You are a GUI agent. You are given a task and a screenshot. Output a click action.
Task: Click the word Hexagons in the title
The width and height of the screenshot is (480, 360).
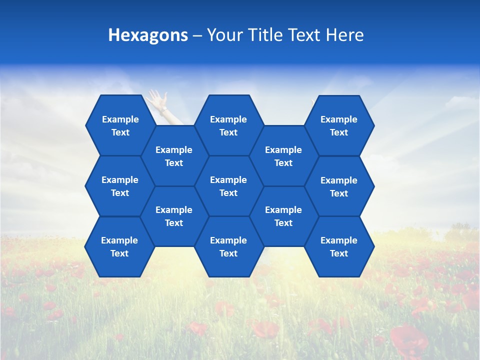[148, 35]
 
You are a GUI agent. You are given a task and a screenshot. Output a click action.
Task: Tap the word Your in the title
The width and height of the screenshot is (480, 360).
[223, 35]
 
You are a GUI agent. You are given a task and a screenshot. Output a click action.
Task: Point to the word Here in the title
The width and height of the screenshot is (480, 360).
[345, 35]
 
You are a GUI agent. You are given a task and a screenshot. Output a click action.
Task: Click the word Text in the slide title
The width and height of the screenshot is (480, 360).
[304, 35]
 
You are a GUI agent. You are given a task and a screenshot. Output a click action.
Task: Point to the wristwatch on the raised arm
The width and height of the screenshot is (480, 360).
[163, 109]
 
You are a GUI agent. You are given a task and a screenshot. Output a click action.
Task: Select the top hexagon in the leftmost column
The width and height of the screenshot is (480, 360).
[120, 125]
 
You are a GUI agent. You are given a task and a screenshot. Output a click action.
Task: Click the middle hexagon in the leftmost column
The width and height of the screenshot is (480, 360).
[120, 186]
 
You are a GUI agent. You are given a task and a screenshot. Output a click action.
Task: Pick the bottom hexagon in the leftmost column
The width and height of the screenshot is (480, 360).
[119, 246]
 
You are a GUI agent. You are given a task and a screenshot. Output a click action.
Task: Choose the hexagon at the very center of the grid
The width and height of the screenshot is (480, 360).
[228, 186]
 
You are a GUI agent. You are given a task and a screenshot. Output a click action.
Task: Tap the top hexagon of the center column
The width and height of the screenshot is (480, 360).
[228, 125]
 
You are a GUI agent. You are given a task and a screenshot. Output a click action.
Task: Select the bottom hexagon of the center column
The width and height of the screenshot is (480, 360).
[228, 246]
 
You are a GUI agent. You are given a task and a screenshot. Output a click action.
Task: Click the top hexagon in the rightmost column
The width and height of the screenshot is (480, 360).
[339, 125]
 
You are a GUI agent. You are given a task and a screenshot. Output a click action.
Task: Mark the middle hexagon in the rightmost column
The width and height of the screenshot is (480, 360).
[339, 186]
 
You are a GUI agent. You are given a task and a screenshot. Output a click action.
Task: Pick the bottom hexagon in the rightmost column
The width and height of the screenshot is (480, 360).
[339, 246]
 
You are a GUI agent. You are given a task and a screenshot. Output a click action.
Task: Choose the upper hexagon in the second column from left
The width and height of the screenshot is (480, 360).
[174, 156]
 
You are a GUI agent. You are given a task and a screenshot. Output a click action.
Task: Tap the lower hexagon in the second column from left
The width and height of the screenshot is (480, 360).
[174, 216]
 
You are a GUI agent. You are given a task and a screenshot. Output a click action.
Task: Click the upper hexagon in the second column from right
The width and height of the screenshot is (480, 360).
[283, 156]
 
